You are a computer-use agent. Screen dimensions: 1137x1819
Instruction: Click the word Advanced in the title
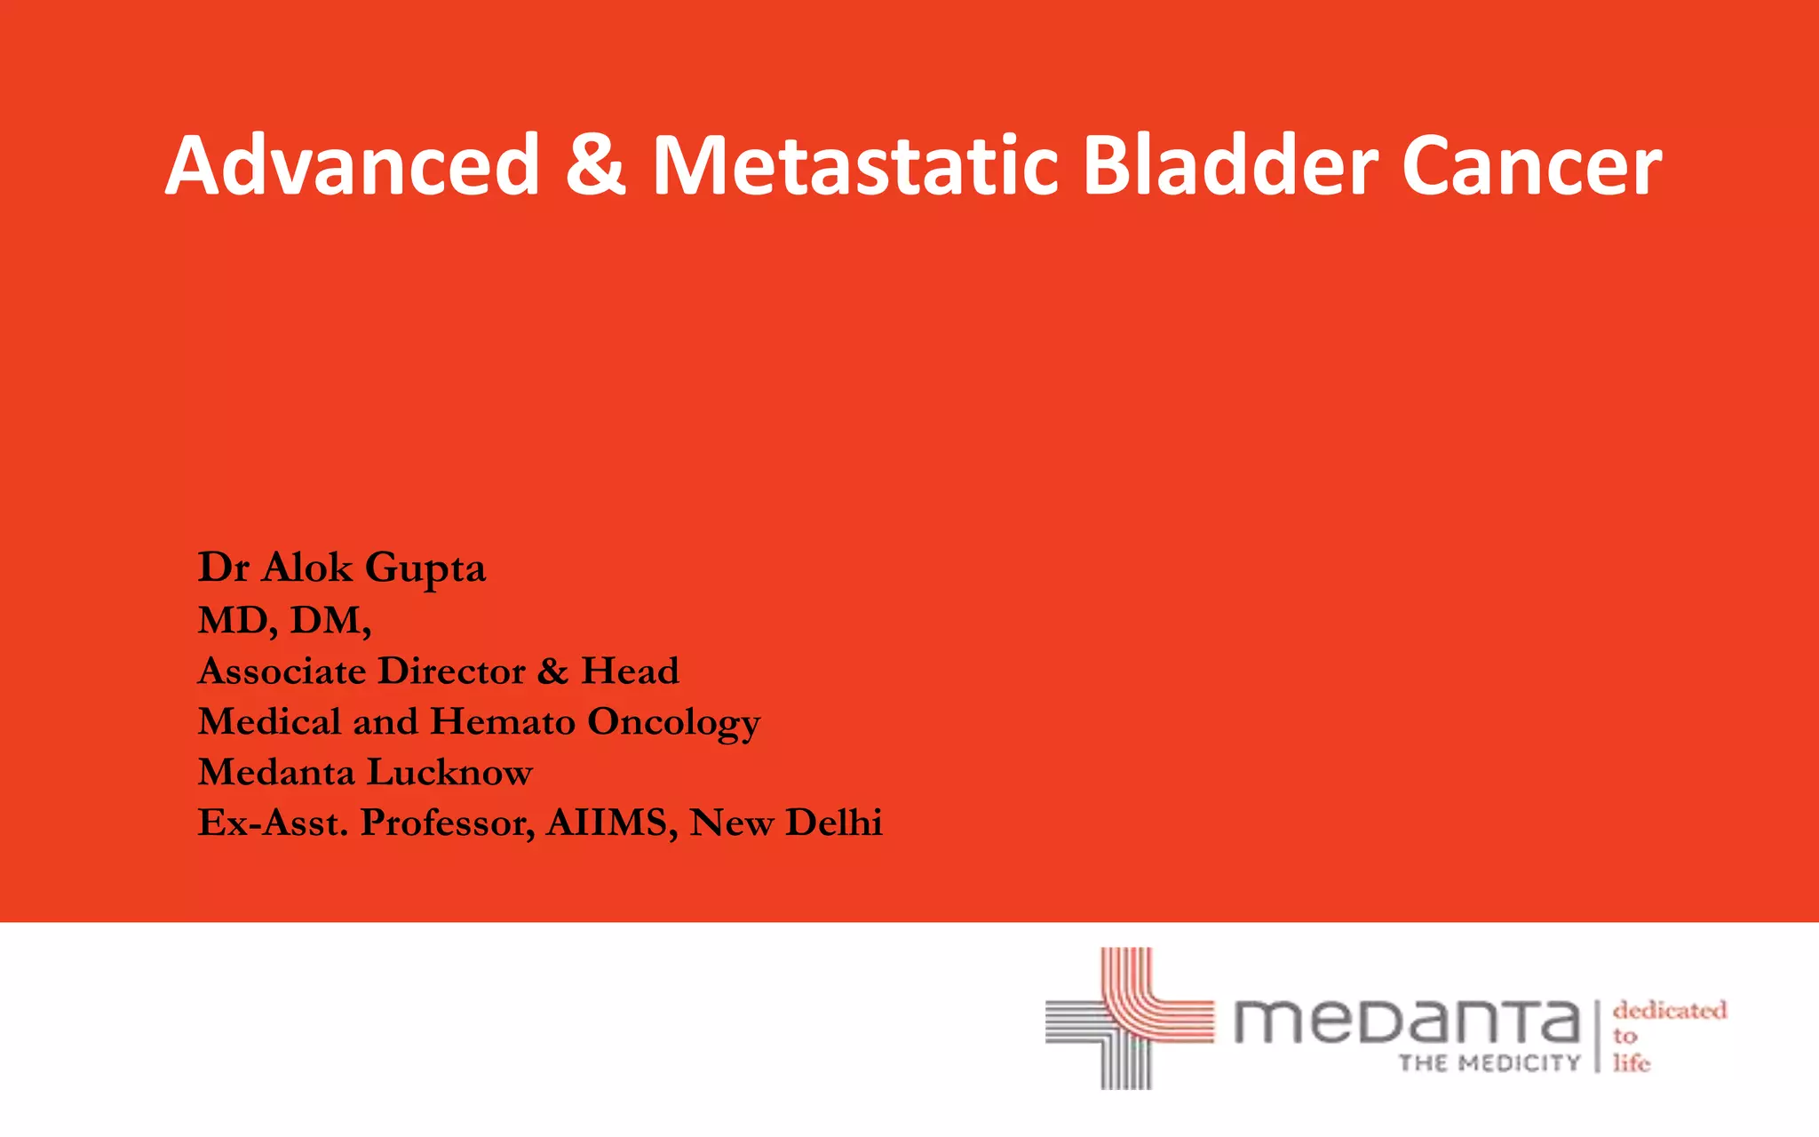(353, 165)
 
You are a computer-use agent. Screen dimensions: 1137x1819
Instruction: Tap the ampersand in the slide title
(595, 165)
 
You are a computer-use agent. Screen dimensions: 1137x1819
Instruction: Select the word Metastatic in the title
(855, 165)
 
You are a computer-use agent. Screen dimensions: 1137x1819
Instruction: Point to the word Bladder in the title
(1231, 165)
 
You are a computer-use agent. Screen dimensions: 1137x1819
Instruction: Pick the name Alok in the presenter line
(307, 568)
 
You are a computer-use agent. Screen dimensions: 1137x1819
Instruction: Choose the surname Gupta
(425, 569)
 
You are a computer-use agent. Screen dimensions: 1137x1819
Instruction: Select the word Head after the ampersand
(630, 671)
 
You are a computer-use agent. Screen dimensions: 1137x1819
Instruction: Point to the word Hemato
(503, 721)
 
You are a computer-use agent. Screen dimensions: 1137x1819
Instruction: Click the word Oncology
(674, 723)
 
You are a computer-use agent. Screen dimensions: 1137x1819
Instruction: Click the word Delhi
(834, 823)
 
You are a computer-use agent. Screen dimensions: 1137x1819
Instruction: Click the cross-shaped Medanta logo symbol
(1128, 1018)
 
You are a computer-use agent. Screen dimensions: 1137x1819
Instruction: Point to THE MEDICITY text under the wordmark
(1489, 1063)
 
